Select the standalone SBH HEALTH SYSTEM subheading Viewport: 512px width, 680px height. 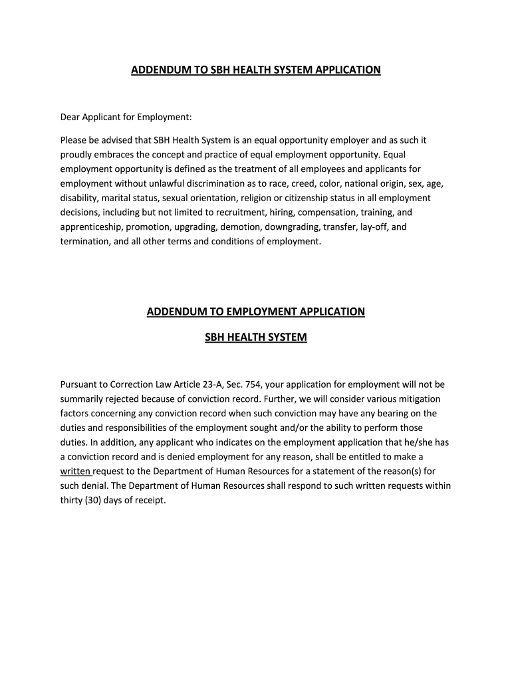(256, 337)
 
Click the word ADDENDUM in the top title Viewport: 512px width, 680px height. (159, 69)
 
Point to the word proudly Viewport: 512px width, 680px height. (77, 155)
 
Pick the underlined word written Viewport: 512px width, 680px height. (75, 471)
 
